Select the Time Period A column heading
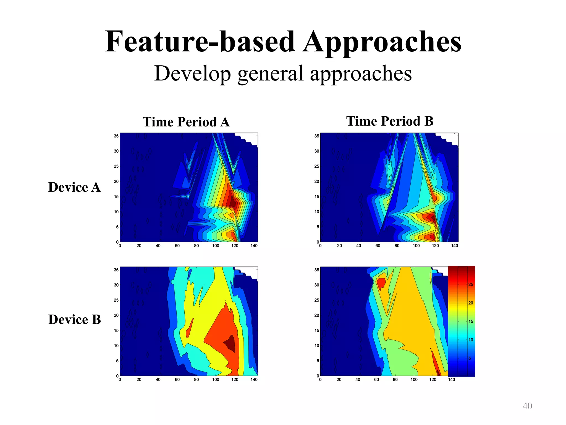point(186,122)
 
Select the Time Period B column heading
point(390,121)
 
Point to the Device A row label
point(74,187)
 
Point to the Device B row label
point(75,320)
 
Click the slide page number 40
point(527,406)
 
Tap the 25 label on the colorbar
point(471,284)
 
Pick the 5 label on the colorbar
point(470,358)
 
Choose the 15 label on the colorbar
point(471,322)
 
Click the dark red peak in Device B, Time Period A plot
point(230,343)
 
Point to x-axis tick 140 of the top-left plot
point(254,246)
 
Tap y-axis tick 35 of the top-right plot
point(316,136)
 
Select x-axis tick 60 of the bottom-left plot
point(177,380)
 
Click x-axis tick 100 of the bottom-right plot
point(414,380)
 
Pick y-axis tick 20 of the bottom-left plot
point(116,315)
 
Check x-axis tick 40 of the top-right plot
point(358,246)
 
